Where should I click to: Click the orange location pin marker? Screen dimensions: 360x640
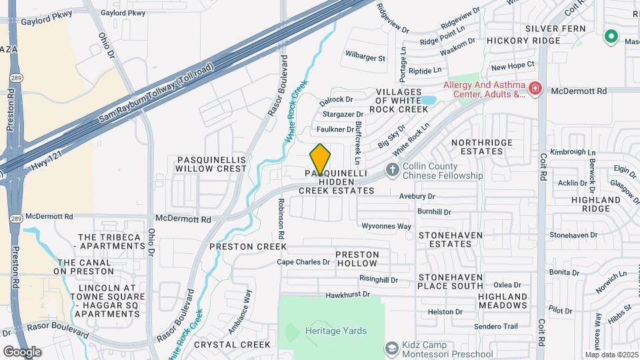click(320, 159)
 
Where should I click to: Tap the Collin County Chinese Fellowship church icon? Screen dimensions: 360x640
click(393, 170)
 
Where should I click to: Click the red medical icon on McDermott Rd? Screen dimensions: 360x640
click(534, 89)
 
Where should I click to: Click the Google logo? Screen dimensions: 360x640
click(22, 351)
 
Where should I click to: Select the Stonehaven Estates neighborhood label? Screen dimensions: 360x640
click(445, 239)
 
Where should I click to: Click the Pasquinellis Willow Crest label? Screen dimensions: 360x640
click(211, 165)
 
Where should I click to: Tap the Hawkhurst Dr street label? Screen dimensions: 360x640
click(347, 295)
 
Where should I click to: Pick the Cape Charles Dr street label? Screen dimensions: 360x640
click(303, 262)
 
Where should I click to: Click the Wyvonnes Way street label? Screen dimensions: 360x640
click(387, 226)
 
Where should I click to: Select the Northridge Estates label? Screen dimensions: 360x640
click(482, 147)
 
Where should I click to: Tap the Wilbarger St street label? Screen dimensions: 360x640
click(366, 58)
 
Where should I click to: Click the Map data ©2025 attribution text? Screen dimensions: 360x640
click(611, 355)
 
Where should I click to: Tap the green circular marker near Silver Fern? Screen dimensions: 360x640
click(610, 37)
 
